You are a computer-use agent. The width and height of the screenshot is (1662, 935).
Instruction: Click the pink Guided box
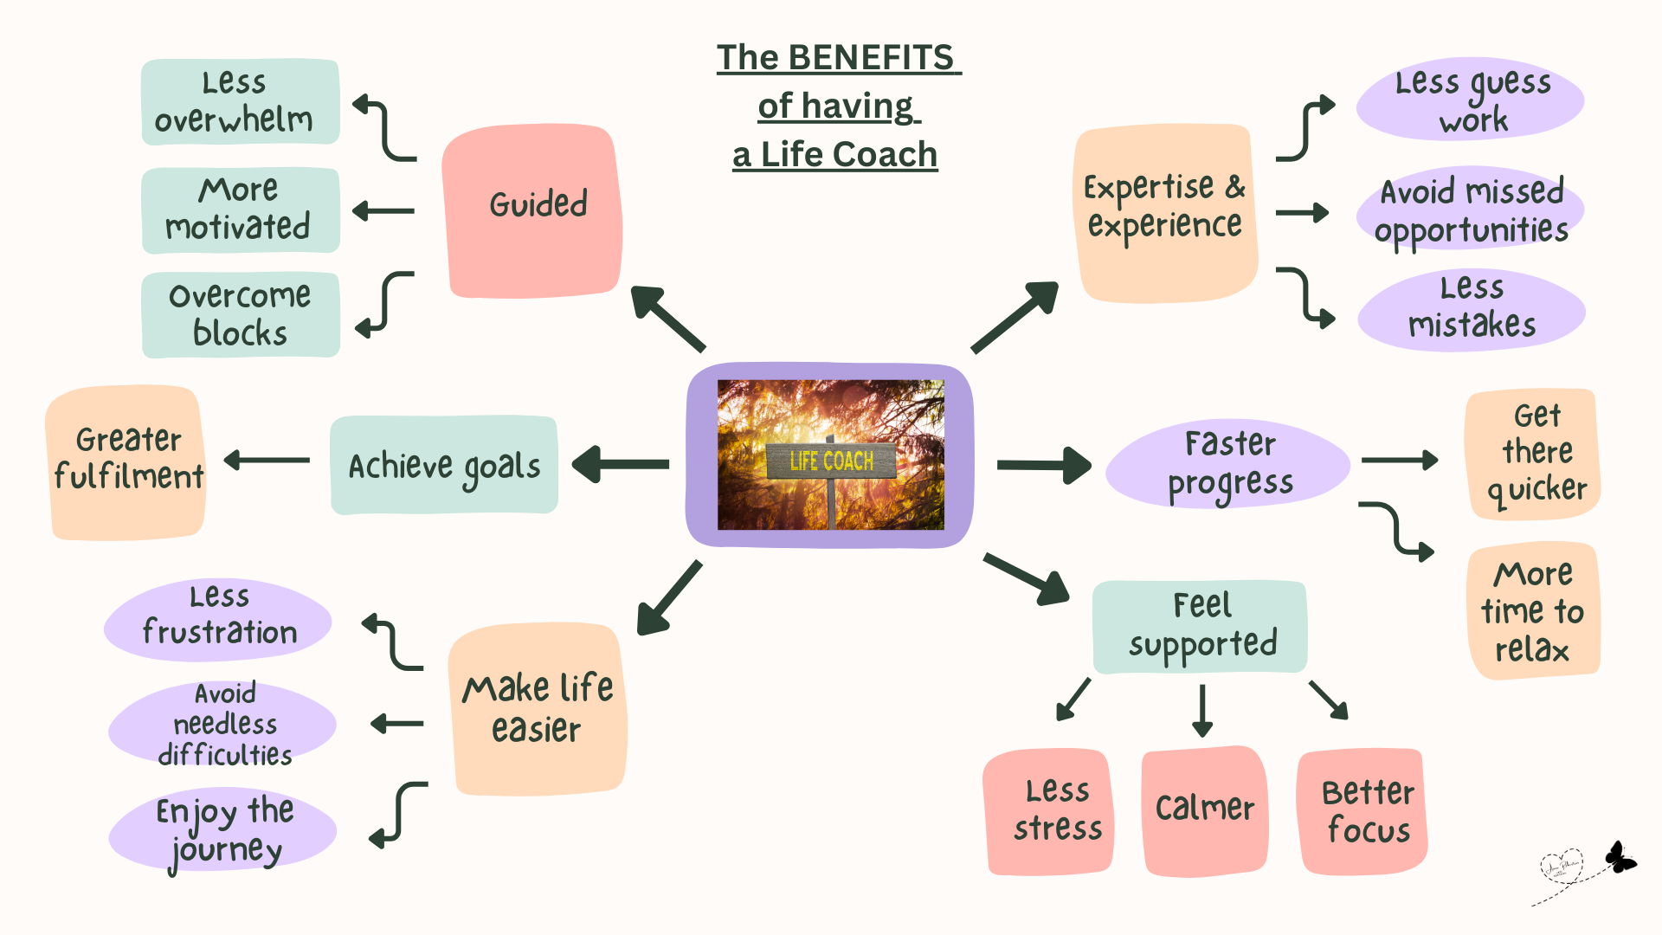pyautogui.click(x=533, y=210)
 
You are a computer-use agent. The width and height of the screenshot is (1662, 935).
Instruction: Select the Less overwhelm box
pyautogui.click(x=240, y=101)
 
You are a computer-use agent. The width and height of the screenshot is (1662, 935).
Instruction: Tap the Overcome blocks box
pyautogui.click(x=240, y=314)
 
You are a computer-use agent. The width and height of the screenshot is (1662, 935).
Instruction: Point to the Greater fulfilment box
pyautogui.click(x=126, y=462)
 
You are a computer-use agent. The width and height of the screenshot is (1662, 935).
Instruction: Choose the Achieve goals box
pyautogui.click(x=444, y=465)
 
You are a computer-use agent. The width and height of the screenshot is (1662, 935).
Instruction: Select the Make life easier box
pyautogui.click(x=538, y=708)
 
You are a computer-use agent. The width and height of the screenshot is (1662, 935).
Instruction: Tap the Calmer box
pyautogui.click(x=1204, y=809)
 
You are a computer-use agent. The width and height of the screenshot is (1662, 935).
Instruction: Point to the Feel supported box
pyautogui.click(x=1201, y=627)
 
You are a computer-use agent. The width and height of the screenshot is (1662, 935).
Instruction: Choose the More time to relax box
pyautogui.click(x=1533, y=611)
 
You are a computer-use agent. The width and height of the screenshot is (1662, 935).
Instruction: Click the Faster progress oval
pyautogui.click(x=1228, y=463)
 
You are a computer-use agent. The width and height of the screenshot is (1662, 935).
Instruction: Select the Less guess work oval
pyautogui.click(x=1471, y=100)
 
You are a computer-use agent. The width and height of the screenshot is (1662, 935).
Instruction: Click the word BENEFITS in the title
pyautogui.click(x=871, y=58)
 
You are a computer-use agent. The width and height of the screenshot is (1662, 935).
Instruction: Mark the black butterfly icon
pyautogui.click(x=1619, y=858)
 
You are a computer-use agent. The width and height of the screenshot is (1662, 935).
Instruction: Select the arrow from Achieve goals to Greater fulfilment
pyautogui.click(x=267, y=461)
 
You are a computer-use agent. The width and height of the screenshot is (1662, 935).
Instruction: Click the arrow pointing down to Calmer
pyautogui.click(x=1201, y=710)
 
